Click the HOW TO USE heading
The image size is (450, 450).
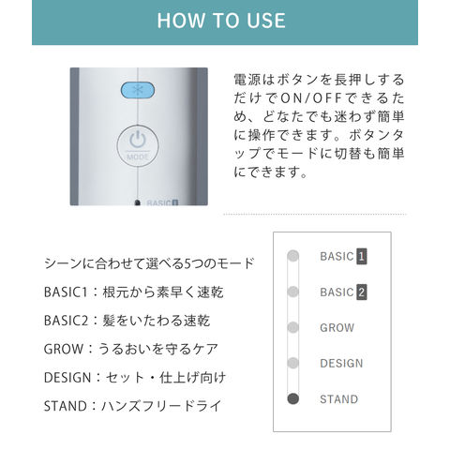tap(221, 21)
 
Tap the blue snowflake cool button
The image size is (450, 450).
tap(138, 90)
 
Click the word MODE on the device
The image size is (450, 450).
tap(138, 157)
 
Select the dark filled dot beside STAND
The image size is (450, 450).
tap(292, 398)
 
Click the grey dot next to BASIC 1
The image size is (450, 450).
tap(292, 256)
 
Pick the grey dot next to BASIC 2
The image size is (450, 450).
tap(292, 292)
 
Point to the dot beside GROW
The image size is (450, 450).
tap(292, 327)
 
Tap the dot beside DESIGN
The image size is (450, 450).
tap(292, 363)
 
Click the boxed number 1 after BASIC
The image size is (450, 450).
tap(362, 257)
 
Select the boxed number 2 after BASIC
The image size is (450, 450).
tap(362, 292)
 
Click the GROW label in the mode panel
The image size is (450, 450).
tap(337, 328)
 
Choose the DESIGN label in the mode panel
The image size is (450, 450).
tap(341, 364)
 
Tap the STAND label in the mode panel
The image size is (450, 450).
tap(338, 399)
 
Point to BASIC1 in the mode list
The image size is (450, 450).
tap(66, 292)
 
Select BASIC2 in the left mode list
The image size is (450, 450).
tap(66, 321)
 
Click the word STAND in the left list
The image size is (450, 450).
tap(66, 406)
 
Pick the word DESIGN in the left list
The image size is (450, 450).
tap(67, 378)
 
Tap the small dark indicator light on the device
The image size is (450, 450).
tap(137, 202)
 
